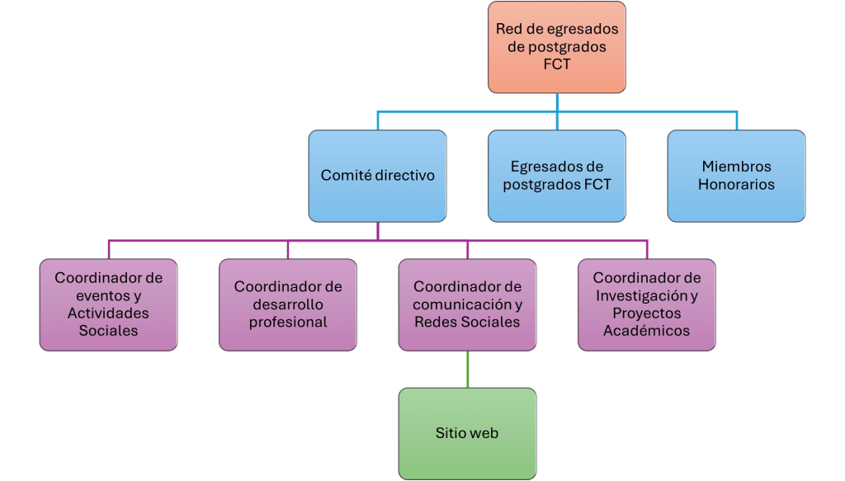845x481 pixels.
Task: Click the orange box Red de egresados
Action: pos(557,46)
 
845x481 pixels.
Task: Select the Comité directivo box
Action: pos(377,176)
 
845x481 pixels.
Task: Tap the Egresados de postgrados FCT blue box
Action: pos(557,176)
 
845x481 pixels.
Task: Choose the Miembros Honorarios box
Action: pos(736,176)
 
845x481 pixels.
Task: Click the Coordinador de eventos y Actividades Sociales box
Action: pos(108,304)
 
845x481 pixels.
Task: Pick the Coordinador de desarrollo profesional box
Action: pos(288,304)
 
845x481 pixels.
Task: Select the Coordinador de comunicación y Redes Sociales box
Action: pos(467,304)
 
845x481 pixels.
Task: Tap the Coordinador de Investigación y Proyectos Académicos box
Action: pos(647,304)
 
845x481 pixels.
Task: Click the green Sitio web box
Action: pos(467,433)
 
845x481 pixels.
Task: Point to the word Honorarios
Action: pos(736,185)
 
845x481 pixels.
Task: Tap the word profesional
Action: pos(288,322)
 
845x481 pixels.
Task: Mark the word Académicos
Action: pos(647,331)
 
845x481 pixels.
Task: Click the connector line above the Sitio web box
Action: pos(468,369)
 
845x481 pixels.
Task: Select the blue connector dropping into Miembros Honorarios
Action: pos(736,120)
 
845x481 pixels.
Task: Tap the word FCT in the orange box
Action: pos(557,64)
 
